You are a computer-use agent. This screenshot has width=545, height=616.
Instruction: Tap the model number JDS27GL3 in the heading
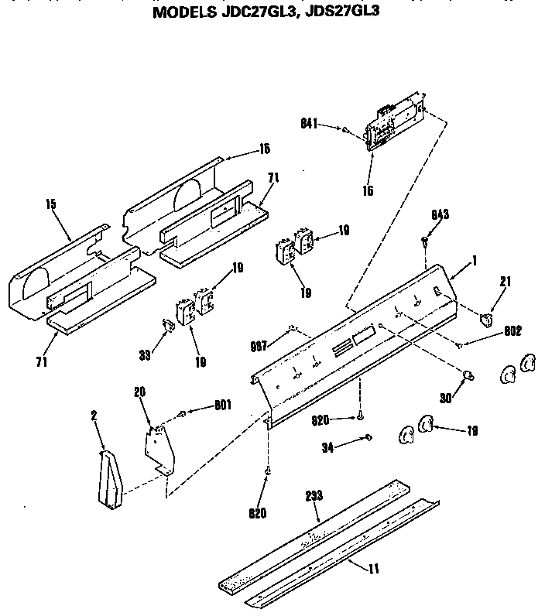[338, 12]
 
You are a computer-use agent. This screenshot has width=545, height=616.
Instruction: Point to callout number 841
[310, 123]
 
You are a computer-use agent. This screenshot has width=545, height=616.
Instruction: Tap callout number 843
[440, 214]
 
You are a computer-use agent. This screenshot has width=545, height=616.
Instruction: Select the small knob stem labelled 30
[468, 375]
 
